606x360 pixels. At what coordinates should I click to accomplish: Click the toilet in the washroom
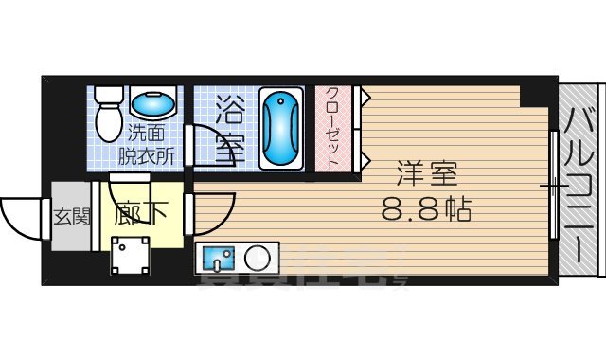pos(107,117)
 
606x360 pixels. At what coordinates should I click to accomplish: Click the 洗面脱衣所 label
pos(146,145)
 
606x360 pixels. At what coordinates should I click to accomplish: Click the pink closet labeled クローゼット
pos(335,129)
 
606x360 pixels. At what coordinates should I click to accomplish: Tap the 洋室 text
pos(425,176)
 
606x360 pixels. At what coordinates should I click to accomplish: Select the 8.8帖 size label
pos(426,207)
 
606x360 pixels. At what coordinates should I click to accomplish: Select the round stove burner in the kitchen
pos(257,256)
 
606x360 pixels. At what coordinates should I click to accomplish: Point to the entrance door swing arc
pos(21,217)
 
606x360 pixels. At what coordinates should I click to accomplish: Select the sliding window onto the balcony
pos(552,186)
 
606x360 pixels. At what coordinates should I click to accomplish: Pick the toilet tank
pos(106,96)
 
